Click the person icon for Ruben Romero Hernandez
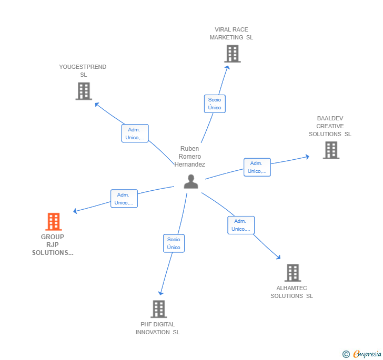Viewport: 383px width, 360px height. point(191,181)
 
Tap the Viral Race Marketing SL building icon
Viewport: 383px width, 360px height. point(232,54)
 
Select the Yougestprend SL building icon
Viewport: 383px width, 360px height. point(84,91)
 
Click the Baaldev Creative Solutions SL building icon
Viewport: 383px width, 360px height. point(331,150)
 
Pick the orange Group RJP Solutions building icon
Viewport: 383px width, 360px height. point(53,222)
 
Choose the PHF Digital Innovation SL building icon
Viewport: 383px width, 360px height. point(158,309)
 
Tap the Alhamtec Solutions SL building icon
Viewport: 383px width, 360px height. point(293,273)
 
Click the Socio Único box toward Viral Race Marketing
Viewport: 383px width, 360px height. point(215,104)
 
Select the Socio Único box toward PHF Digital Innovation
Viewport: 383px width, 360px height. point(174,243)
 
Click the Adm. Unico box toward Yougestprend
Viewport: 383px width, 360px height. point(135,133)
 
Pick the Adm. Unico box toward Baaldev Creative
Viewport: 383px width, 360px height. point(257,167)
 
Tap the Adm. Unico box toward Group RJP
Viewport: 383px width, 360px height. point(124,199)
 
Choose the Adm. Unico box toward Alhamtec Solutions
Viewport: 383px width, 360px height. point(241,225)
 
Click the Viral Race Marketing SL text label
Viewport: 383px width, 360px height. point(231,34)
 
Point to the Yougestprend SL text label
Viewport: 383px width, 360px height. point(83,71)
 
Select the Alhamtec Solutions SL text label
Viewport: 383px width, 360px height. point(291,292)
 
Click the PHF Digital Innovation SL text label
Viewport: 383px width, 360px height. point(157,328)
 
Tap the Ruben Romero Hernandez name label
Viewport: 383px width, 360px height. point(189,157)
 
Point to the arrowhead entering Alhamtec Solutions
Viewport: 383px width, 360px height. point(278,257)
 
